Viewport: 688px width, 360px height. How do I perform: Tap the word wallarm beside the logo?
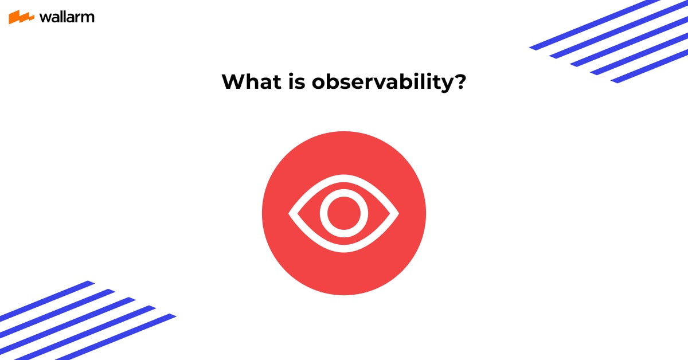67,17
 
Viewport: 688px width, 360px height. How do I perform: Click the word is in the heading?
295,82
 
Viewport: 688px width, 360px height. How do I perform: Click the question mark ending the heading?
459,82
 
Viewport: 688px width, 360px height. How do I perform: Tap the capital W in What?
232,82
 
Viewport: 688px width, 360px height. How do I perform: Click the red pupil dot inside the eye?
344,213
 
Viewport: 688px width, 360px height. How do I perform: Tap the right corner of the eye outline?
397,213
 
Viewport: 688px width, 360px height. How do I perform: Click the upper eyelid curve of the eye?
344,178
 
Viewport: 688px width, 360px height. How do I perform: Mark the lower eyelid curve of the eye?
344,248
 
